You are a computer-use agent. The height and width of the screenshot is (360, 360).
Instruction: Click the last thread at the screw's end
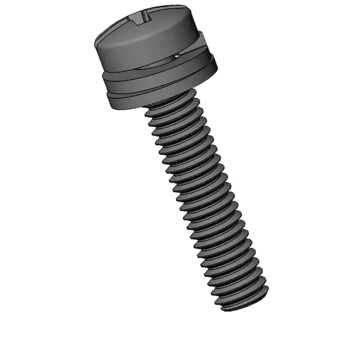point(242,301)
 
